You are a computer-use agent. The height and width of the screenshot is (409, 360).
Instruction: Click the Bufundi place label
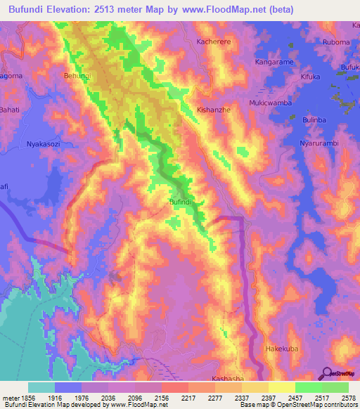(x=181, y=202)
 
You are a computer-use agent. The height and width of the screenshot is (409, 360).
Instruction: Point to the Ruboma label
(x=335, y=42)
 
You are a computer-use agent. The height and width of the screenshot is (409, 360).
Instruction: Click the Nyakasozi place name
(x=46, y=144)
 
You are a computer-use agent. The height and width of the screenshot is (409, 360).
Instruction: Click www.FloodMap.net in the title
(x=230, y=9)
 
